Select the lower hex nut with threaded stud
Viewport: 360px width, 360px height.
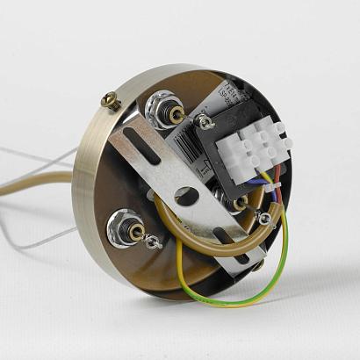point(121,230)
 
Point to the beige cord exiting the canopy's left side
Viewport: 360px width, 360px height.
point(35,178)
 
